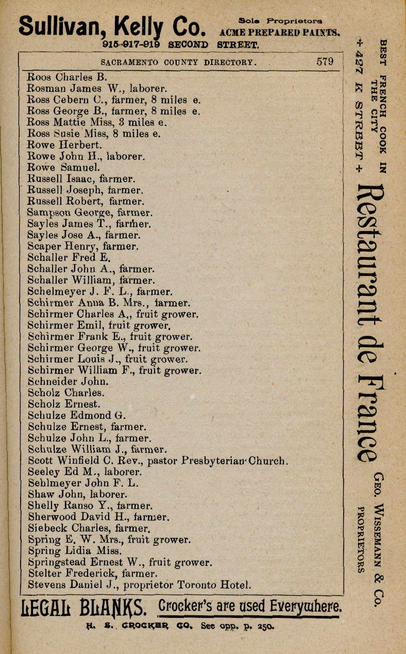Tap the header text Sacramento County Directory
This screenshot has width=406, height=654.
coord(178,62)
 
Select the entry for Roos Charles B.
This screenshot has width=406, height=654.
coord(66,77)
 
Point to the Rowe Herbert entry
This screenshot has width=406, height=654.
coord(64,145)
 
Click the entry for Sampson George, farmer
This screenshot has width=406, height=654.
coord(89,212)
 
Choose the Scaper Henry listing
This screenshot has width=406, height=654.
coord(82,246)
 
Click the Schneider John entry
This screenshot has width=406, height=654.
coord(67,382)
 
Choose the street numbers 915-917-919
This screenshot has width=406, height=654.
coord(131,45)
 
